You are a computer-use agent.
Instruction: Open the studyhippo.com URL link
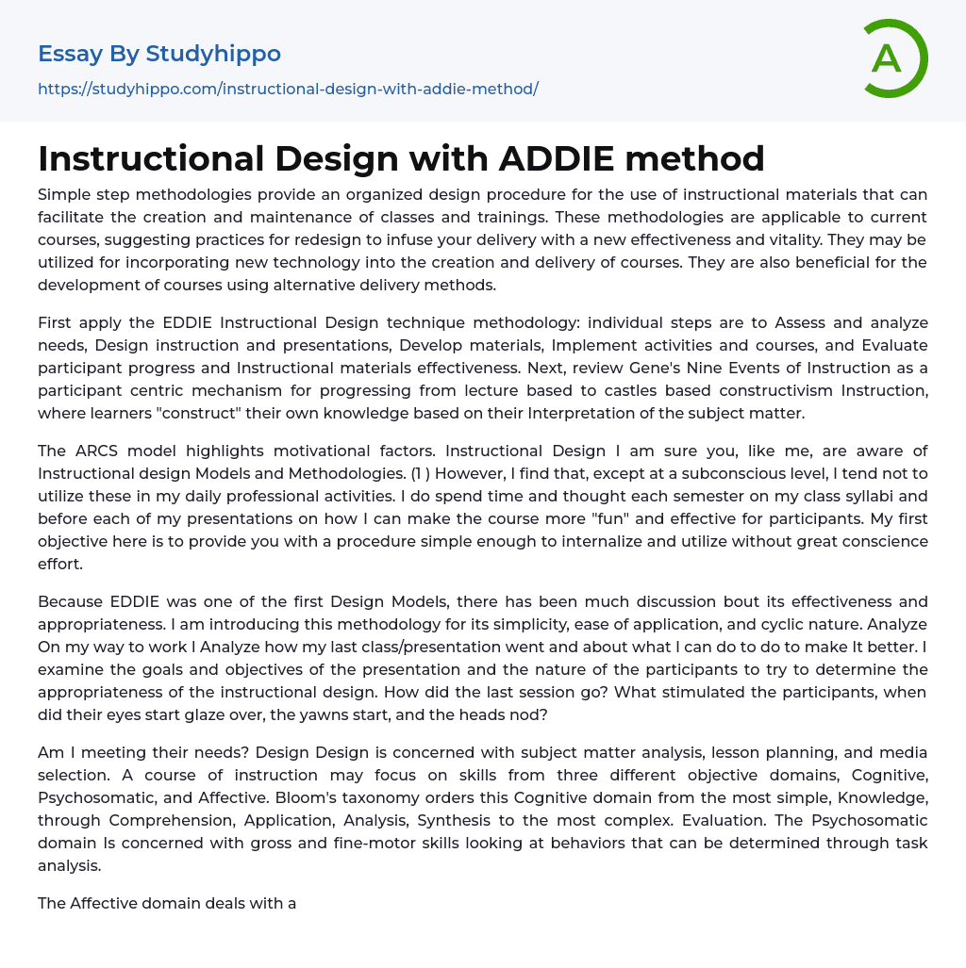pyautogui.click(x=288, y=89)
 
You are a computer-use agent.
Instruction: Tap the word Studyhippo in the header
pyautogui.click(x=213, y=54)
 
